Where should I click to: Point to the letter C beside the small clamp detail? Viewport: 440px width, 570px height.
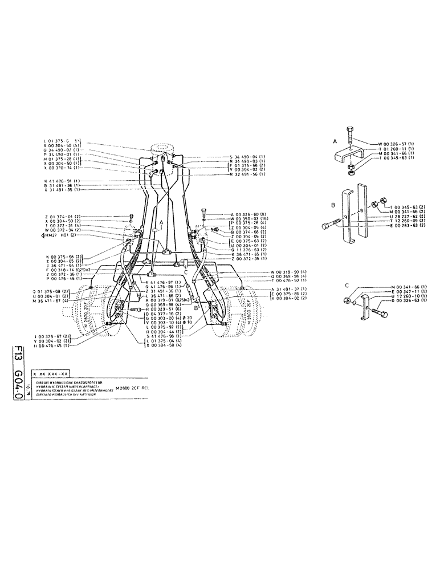click(x=346, y=284)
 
